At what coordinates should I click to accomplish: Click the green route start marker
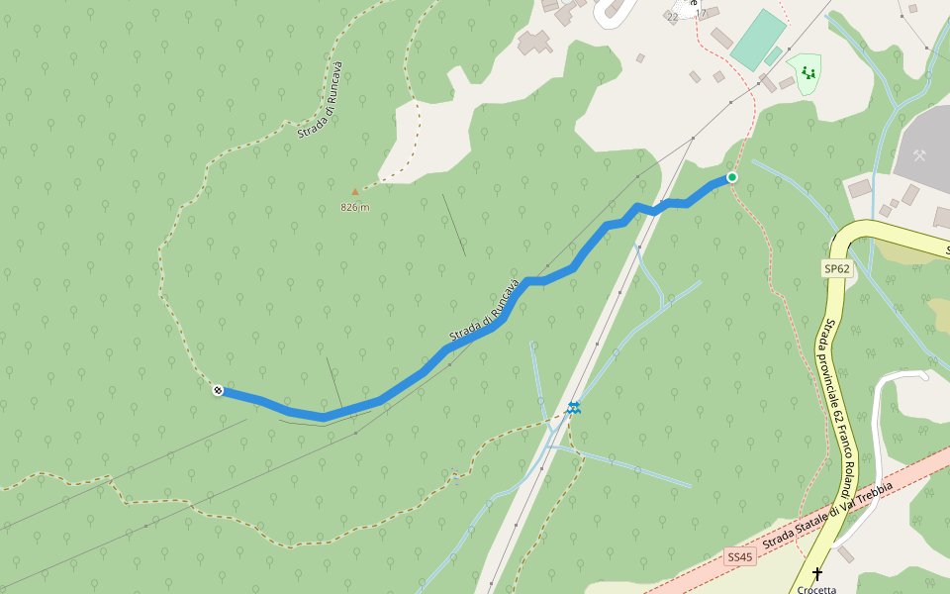[x=732, y=177]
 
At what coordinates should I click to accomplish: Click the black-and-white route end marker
[x=218, y=391]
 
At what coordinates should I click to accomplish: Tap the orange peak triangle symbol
[x=355, y=192]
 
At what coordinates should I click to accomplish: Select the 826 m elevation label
[x=354, y=207]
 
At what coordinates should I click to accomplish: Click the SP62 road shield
[x=836, y=268]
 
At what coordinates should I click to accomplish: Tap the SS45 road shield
[x=739, y=557]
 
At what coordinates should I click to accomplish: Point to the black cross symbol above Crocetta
[x=817, y=573]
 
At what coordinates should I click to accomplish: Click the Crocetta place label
[x=817, y=589]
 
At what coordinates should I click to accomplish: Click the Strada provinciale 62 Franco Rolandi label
[x=837, y=406]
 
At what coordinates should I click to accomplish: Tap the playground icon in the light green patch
[x=808, y=72]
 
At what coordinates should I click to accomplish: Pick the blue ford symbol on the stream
[x=574, y=407]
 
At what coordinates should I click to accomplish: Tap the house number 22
[x=673, y=17]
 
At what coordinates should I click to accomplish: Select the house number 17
[x=701, y=13]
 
